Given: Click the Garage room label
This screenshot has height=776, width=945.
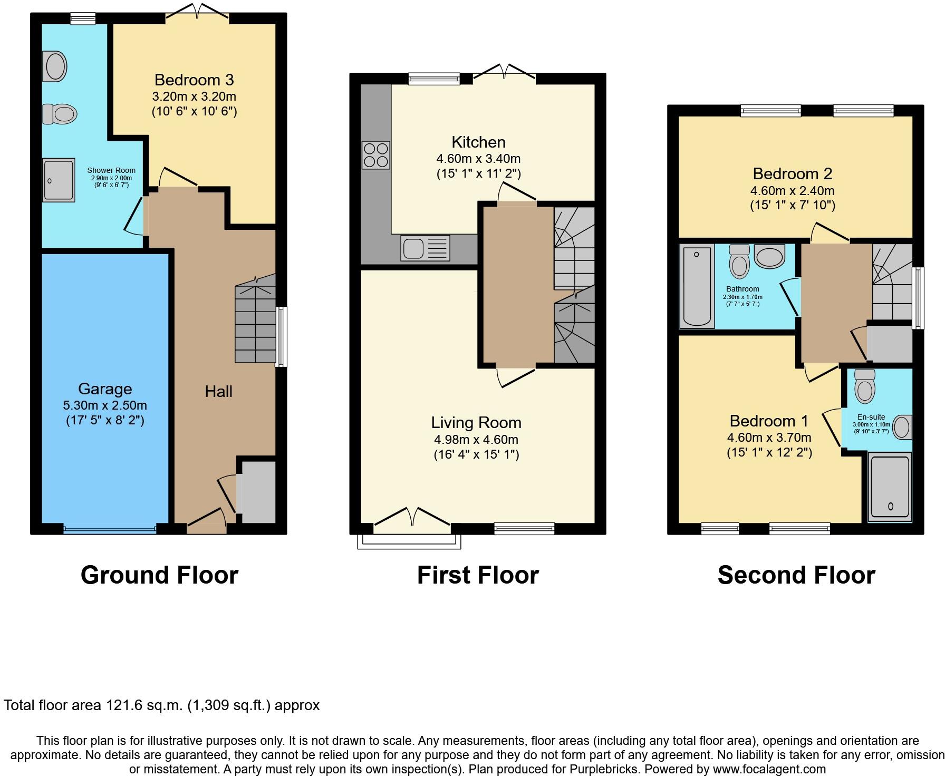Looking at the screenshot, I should (x=104, y=389).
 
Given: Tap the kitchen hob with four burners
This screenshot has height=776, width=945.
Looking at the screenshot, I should (x=375, y=155).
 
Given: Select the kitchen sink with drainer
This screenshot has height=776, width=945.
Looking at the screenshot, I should (x=425, y=248).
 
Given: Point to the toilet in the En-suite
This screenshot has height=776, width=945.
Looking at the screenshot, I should (x=864, y=386).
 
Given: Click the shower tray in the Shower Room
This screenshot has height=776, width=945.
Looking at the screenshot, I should (x=59, y=180).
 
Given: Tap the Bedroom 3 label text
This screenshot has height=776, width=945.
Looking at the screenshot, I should (x=194, y=80).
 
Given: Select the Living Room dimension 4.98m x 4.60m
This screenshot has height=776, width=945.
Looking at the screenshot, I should (x=476, y=440).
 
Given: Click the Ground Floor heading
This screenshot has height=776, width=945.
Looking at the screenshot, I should (x=159, y=575).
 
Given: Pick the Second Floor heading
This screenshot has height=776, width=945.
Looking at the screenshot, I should (x=796, y=575).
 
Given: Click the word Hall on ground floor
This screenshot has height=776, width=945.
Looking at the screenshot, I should (x=218, y=392).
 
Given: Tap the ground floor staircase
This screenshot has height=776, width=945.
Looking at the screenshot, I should (x=255, y=322).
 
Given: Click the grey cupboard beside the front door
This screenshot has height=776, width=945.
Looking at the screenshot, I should (x=257, y=492).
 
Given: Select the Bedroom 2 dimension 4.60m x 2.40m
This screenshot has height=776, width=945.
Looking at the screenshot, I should (x=792, y=191).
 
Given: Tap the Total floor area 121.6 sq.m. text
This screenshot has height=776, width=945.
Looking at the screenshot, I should (x=161, y=705).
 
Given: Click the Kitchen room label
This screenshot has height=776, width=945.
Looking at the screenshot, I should (x=478, y=142).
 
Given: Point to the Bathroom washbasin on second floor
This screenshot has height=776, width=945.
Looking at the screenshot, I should (x=769, y=256).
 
